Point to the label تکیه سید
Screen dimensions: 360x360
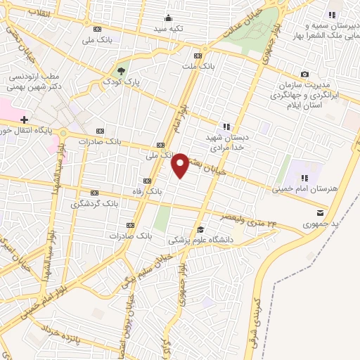pos(170,30)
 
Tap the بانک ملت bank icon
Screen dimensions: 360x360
pos(198,55)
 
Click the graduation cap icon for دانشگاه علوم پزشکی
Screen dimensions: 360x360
pos(200,229)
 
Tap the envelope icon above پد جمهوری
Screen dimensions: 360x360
pos(321,212)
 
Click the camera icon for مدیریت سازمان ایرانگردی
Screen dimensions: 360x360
pos(304,74)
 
